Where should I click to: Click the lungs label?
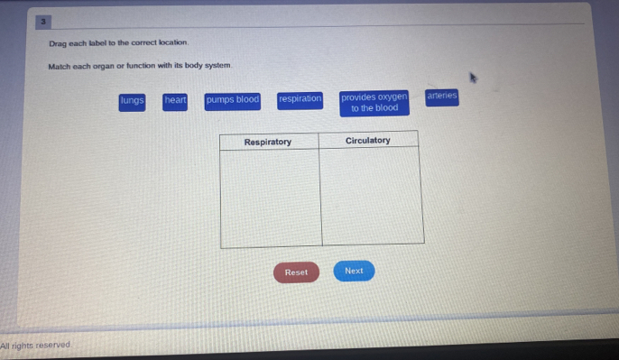pos(132,101)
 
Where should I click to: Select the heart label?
pos(175,101)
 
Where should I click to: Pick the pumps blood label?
pos(232,100)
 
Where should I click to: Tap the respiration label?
pos(300,99)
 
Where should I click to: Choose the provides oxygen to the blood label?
pos(374,103)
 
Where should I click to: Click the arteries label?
pos(441,96)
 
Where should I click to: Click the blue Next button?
pos(354,271)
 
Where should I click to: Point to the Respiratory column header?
pos(268,142)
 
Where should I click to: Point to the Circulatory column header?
pos(367,141)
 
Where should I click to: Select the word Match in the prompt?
pos(60,67)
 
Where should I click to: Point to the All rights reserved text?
pos(36,346)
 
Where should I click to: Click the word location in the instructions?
pos(171,43)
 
